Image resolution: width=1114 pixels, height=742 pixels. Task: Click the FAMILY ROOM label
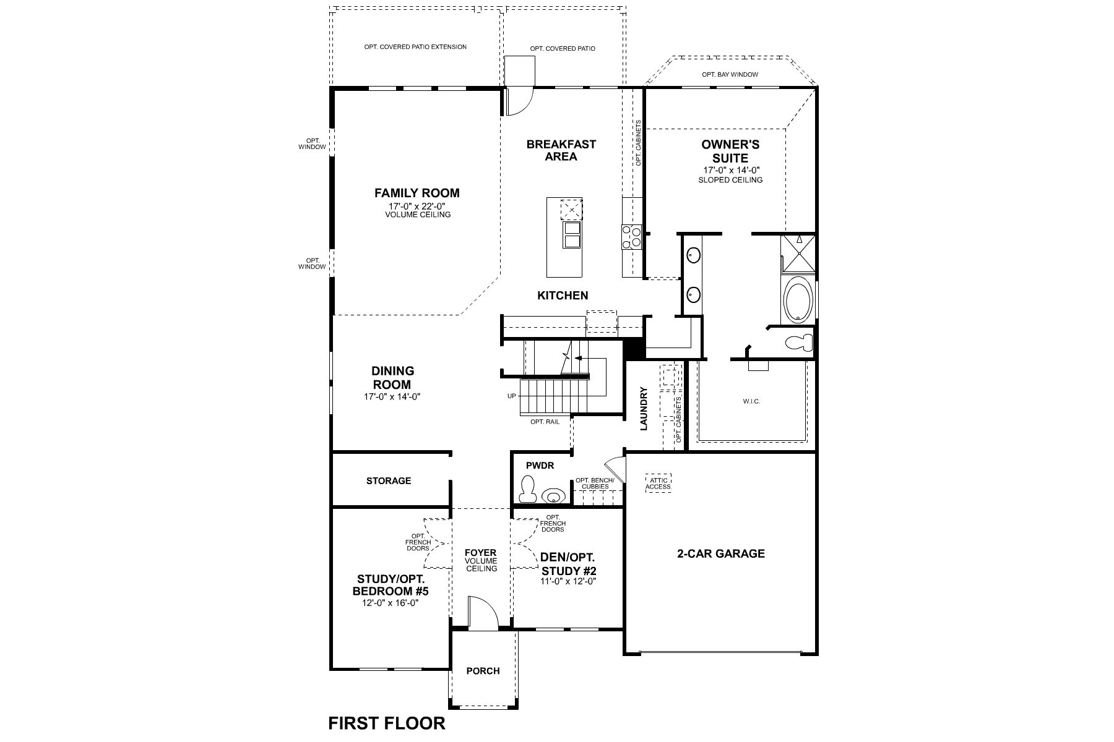[x=417, y=193]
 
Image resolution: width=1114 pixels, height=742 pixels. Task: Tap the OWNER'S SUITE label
[x=730, y=151]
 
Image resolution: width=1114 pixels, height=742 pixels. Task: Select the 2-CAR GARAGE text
[x=720, y=553]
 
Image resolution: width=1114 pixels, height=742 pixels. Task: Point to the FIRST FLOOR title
[x=387, y=723]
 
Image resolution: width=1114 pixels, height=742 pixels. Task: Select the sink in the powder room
[x=554, y=496]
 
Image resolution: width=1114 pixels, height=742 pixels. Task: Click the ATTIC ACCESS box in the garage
[x=658, y=482]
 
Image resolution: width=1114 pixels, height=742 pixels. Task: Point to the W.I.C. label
[x=751, y=401]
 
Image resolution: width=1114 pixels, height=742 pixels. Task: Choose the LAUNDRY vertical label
[x=644, y=409]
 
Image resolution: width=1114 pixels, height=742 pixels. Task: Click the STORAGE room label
[x=389, y=480]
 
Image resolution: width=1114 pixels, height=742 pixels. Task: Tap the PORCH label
[x=483, y=671]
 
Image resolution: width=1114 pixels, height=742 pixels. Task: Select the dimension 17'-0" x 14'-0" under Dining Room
[x=392, y=397]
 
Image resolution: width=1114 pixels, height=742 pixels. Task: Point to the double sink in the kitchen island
[x=571, y=234]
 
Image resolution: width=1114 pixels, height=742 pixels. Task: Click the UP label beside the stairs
[x=511, y=396]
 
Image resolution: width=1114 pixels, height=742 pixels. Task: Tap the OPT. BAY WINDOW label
[x=730, y=75]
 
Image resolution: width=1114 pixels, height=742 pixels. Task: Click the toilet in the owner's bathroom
[x=799, y=341]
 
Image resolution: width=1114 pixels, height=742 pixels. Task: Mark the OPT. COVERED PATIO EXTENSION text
[x=415, y=47]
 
